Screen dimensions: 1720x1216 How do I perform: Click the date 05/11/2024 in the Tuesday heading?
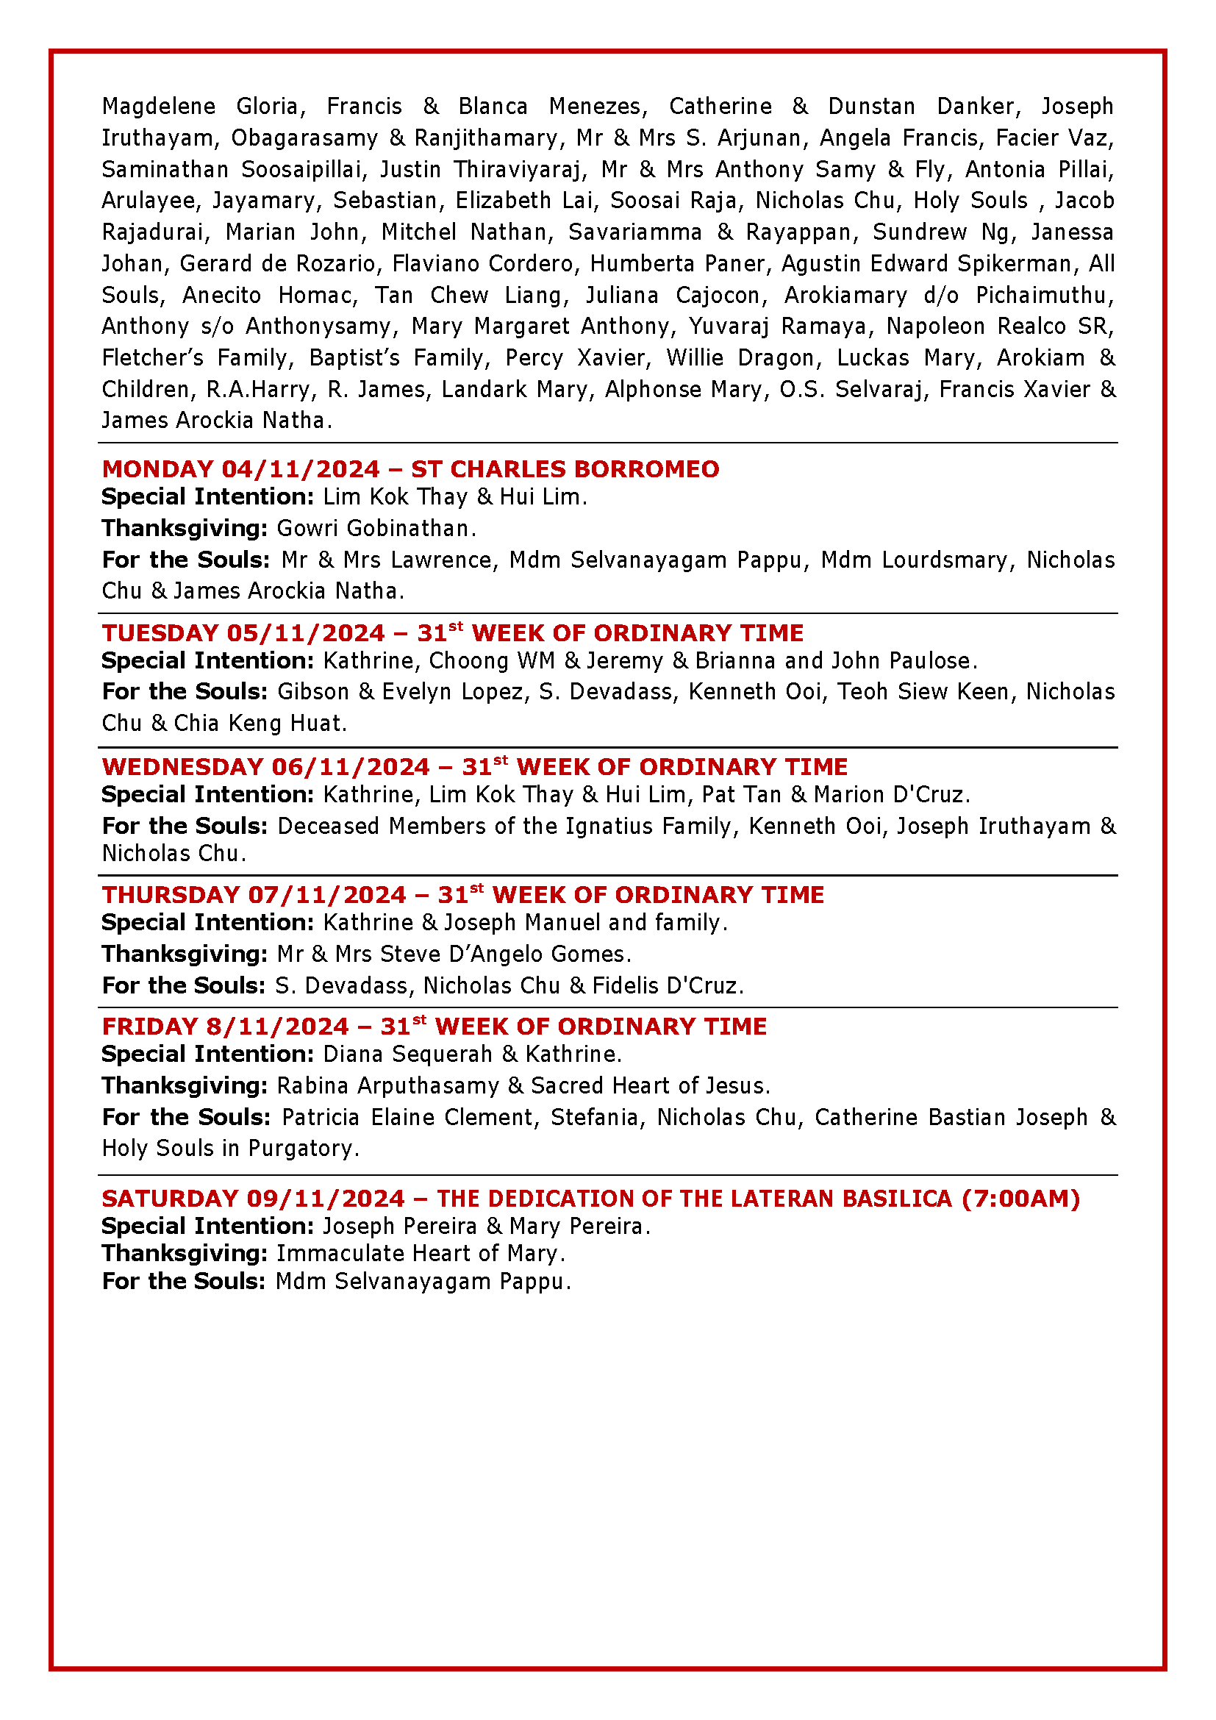306,633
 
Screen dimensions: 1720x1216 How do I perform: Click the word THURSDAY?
171,895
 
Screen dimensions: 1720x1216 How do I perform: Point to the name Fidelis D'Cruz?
666,986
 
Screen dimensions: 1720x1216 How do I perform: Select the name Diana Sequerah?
407,1055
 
